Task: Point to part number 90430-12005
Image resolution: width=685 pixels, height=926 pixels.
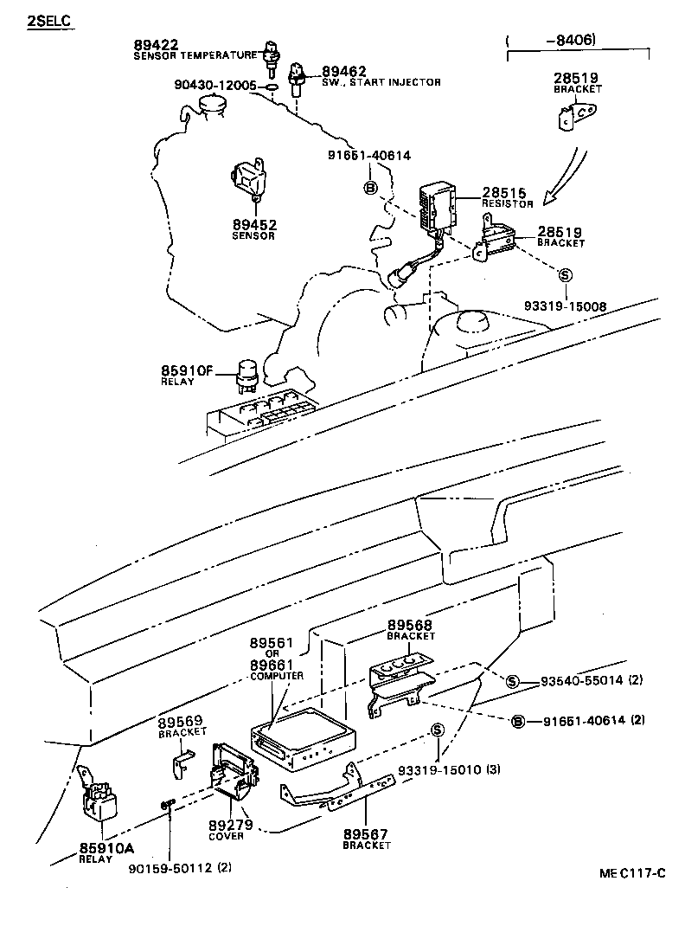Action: click(x=215, y=86)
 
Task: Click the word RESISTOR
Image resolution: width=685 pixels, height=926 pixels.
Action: click(x=508, y=205)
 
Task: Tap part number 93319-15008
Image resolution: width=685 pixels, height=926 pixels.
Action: click(x=564, y=305)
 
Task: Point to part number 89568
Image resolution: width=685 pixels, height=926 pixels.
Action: click(x=410, y=625)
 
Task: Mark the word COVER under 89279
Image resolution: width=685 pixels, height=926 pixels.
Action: click(x=226, y=836)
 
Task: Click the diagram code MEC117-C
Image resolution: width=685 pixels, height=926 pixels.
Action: click(x=632, y=872)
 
